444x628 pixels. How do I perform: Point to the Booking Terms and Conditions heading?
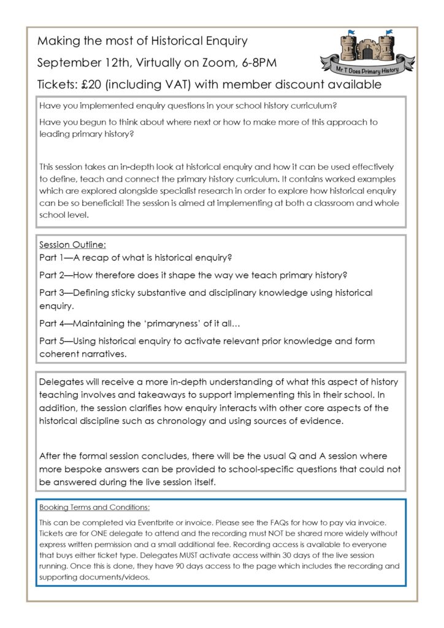[x=94, y=508]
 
